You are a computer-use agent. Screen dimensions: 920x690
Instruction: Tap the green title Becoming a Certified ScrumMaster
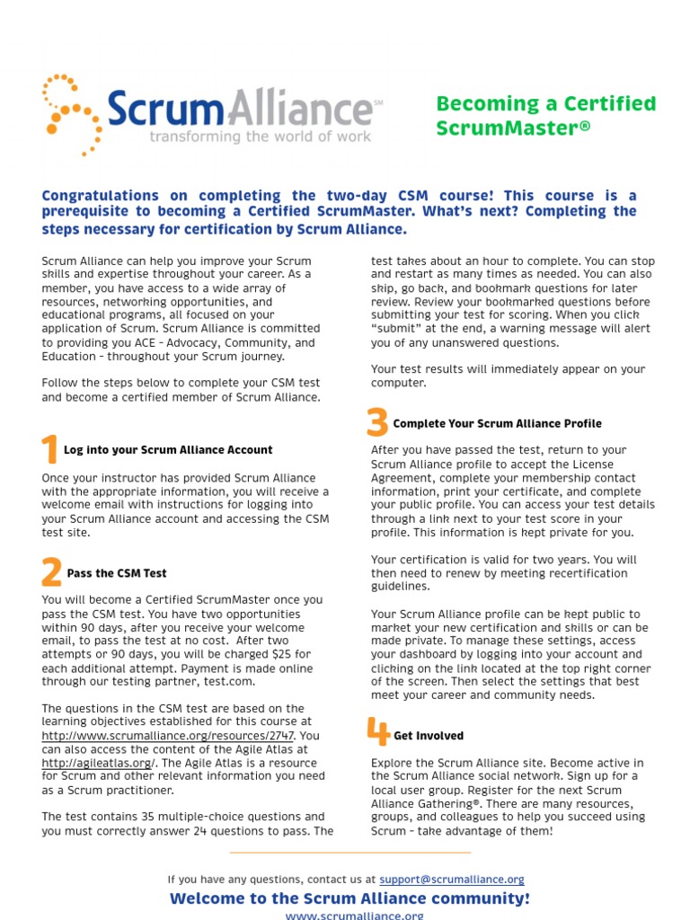coord(545,116)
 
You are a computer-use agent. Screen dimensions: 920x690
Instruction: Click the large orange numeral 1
coord(49,449)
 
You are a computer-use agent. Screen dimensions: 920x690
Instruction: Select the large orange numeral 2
coord(51,572)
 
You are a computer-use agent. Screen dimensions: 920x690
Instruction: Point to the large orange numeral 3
coord(377,422)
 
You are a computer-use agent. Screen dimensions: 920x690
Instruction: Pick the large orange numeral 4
coord(378,732)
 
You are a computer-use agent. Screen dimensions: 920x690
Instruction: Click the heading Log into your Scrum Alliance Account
coord(168,450)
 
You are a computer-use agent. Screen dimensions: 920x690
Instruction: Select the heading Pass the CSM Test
coord(117,573)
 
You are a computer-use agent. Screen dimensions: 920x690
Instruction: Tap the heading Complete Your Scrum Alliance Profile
coord(498,424)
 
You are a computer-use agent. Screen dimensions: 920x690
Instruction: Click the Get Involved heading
coord(429,736)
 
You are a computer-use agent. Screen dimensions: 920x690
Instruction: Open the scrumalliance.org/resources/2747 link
coord(168,736)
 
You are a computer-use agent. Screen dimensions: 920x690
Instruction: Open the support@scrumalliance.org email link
coord(452,880)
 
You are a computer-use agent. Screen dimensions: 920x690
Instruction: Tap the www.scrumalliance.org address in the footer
coord(354,915)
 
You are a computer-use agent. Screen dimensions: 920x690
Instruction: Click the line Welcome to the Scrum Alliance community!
coord(349,898)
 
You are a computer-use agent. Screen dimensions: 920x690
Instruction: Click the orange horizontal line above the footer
coord(350,853)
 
